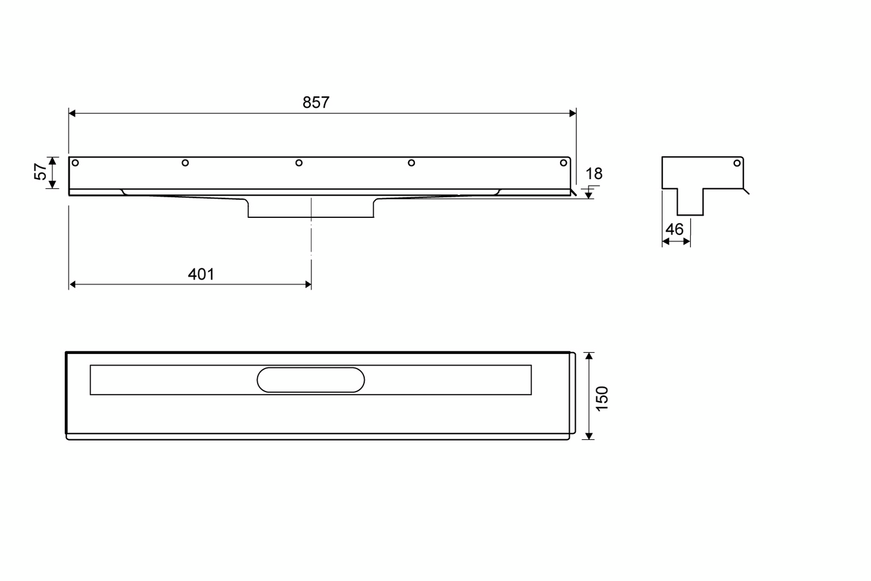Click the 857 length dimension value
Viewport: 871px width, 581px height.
(316, 102)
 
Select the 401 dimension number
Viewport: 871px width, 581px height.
(201, 274)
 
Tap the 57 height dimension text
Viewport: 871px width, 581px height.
(41, 172)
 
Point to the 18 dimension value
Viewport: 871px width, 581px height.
(594, 174)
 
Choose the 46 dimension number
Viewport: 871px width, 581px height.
(674, 229)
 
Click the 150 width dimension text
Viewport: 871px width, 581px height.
(602, 398)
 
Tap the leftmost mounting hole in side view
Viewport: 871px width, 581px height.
(76, 163)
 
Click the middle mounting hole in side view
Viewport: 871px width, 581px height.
(299, 163)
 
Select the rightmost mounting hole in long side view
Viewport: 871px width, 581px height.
(564, 163)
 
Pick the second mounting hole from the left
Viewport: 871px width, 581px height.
(185, 163)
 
